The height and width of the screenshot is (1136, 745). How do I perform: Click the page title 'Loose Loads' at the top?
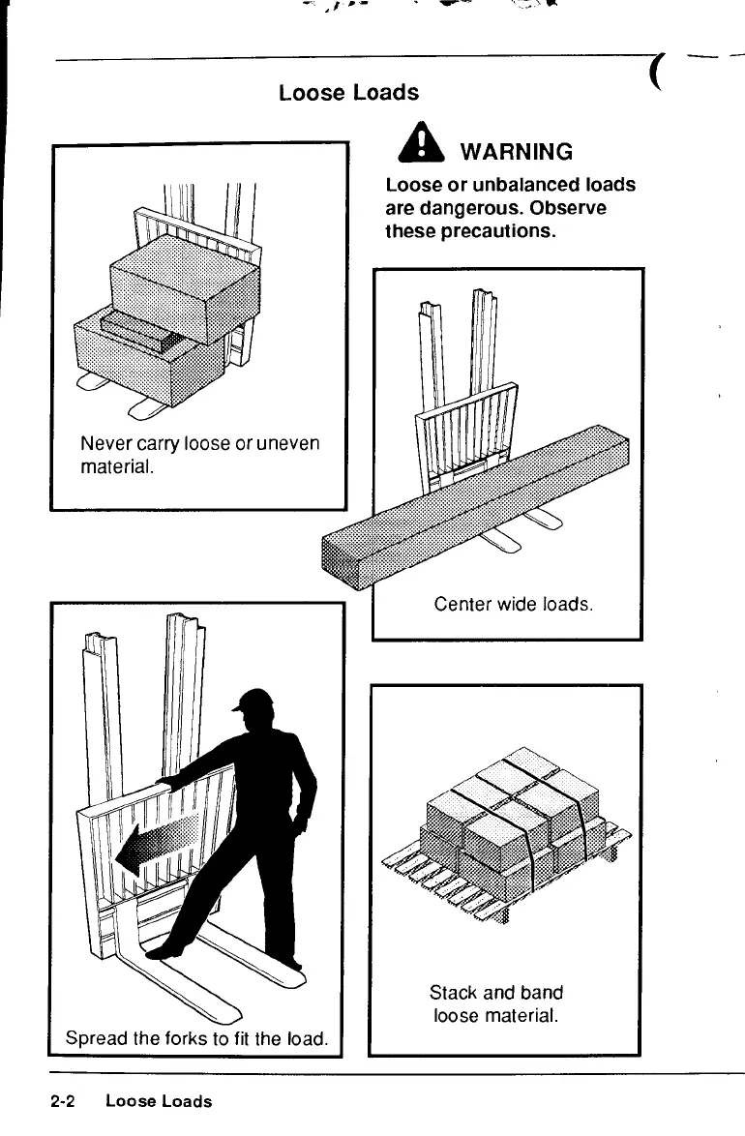click(348, 93)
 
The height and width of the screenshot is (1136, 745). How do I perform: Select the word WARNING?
click(516, 152)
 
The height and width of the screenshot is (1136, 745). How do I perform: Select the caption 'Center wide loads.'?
click(512, 605)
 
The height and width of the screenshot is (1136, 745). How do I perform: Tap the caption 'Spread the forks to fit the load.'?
click(197, 1039)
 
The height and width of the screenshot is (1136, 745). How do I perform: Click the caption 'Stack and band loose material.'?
click(496, 1003)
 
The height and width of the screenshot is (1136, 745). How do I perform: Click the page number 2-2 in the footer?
click(64, 1101)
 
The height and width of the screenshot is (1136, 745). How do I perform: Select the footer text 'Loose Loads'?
click(159, 1101)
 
